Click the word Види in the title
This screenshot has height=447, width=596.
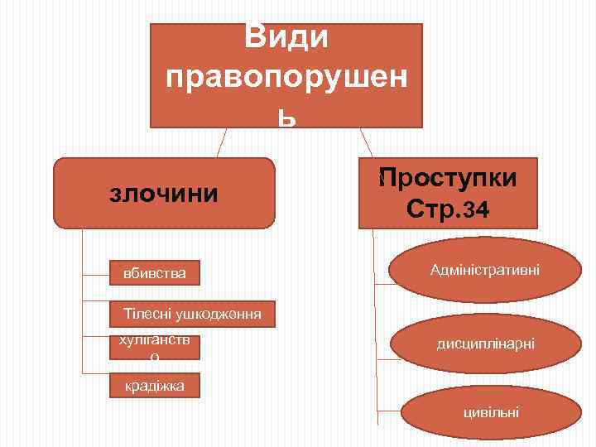point(286,37)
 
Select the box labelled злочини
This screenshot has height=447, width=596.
point(164,194)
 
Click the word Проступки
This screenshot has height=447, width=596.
point(448,178)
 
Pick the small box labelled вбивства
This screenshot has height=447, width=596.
point(156,272)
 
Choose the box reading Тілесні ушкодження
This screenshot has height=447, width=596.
point(193,314)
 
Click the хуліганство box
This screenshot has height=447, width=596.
point(156,347)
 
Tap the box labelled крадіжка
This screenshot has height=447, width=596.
point(156,386)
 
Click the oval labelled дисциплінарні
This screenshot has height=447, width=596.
point(486,342)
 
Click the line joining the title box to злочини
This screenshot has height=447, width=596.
point(221,142)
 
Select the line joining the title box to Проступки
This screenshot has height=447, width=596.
point(365,142)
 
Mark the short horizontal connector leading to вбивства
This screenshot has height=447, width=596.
point(97,272)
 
